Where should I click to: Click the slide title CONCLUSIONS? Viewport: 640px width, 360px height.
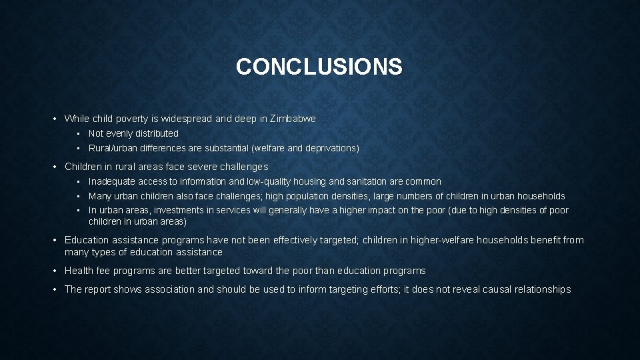(319, 67)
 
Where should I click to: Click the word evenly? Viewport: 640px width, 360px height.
(121, 133)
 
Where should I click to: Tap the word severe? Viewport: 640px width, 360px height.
(187, 167)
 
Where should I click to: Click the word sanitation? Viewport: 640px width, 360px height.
(367, 181)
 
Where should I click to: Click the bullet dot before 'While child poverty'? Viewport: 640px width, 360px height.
(55, 119)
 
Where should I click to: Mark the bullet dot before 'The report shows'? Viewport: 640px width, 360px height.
(55, 289)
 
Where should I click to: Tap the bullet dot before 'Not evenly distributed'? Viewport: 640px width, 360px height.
(79, 133)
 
